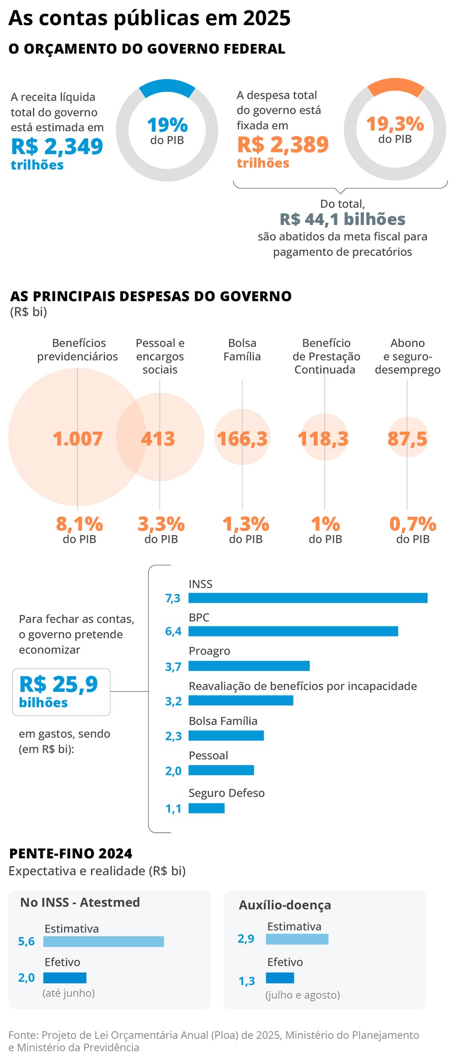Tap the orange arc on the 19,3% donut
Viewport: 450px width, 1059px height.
point(396,86)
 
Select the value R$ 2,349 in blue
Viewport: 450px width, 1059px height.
point(57,146)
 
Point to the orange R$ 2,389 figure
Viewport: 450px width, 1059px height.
point(283,144)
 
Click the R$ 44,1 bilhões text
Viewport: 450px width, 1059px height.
point(343,219)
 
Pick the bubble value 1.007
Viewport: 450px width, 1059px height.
point(77,439)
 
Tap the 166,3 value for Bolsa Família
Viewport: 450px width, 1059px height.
point(242,439)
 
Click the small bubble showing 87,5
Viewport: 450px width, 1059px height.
point(407,439)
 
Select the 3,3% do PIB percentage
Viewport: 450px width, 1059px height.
point(161,524)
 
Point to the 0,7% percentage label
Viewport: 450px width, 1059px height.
point(412,524)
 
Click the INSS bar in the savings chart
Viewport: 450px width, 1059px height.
point(308,598)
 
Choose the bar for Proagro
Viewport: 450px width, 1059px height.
point(249,666)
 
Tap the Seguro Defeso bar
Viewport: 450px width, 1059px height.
point(206,808)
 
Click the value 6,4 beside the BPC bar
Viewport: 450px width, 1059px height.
point(173,631)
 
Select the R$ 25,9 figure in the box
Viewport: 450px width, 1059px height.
point(59,685)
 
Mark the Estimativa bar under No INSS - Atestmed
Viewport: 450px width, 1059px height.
point(103,941)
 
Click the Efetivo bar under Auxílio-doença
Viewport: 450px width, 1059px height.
point(280,978)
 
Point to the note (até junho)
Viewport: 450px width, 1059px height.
point(69,993)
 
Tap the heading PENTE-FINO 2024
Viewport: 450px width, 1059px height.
point(71,854)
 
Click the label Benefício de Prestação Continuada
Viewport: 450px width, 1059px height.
point(326,356)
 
